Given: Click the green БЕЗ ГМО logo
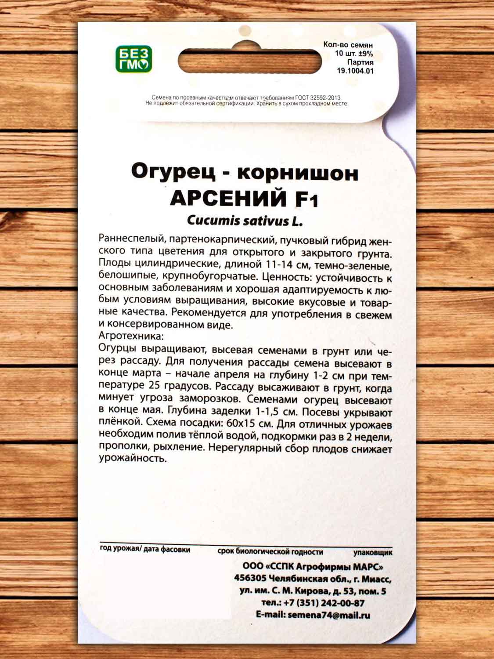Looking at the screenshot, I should [x=133, y=59].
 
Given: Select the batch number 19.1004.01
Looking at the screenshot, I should [x=355, y=71].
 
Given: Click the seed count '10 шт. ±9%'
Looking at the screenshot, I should [x=354, y=54].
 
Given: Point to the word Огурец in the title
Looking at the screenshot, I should [x=173, y=171].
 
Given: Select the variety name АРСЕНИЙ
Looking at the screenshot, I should [x=228, y=199].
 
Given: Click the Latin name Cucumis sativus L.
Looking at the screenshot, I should [x=245, y=221].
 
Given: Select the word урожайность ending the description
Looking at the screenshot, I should [x=133, y=458].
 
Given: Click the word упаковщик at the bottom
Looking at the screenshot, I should [x=373, y=552].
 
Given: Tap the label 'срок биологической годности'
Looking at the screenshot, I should [x=270, y=551].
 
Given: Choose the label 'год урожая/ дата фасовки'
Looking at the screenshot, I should [x=145, y=549].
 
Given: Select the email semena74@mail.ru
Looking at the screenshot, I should [x=328, y=615].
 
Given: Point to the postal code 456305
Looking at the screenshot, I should [x=250, y=579].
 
